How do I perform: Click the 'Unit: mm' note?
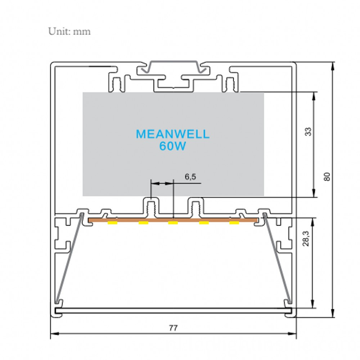point(69,31)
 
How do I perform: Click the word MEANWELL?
point(173,134)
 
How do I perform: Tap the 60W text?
point(172,146)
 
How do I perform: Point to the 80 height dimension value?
point(327,176)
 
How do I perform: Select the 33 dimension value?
point(309,131)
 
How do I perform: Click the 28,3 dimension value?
point(306,239)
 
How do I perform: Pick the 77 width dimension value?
point(174,328)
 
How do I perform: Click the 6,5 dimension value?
point(190,177)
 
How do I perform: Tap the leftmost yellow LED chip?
point(112,222)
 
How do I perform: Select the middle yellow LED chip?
point(173,222)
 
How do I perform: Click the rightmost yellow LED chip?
point(234,222)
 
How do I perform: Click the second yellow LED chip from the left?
point(143,222)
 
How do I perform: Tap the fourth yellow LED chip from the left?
point(204,222)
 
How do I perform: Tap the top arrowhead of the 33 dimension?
point(314,96)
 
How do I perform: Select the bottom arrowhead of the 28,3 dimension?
point(312,303)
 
